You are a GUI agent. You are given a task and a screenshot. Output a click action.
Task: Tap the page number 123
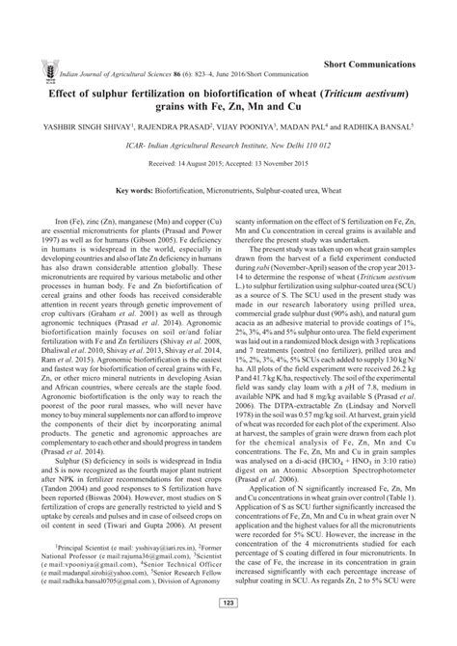[x=228, y=630]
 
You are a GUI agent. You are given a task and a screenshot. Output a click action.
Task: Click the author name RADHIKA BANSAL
[x=380, y=125]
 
